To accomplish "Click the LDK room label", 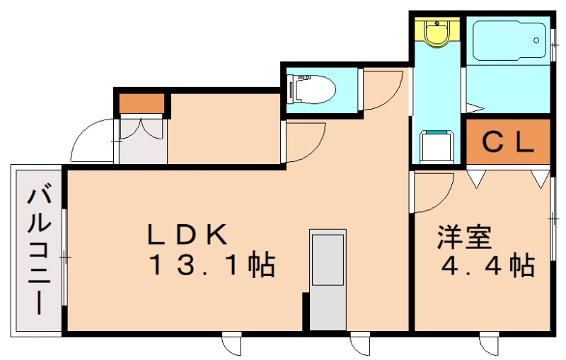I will [187, 233].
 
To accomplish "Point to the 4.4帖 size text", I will [487, 267].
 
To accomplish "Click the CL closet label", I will [507, 142].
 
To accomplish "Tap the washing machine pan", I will [437, 147].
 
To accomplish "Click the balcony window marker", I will [64, 257].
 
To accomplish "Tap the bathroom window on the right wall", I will [553, 40].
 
